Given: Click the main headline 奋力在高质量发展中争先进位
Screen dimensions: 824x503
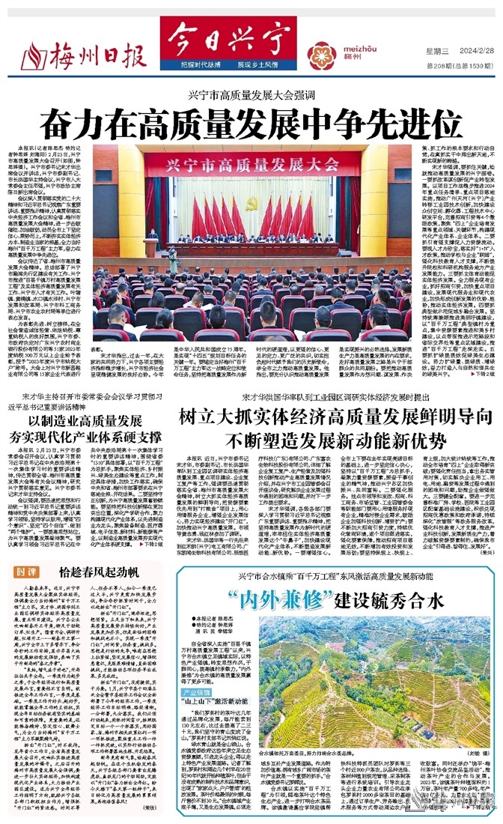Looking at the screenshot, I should pos(251,120).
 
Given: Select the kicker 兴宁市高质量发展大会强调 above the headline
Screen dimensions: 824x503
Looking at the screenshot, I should pos(251,94).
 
